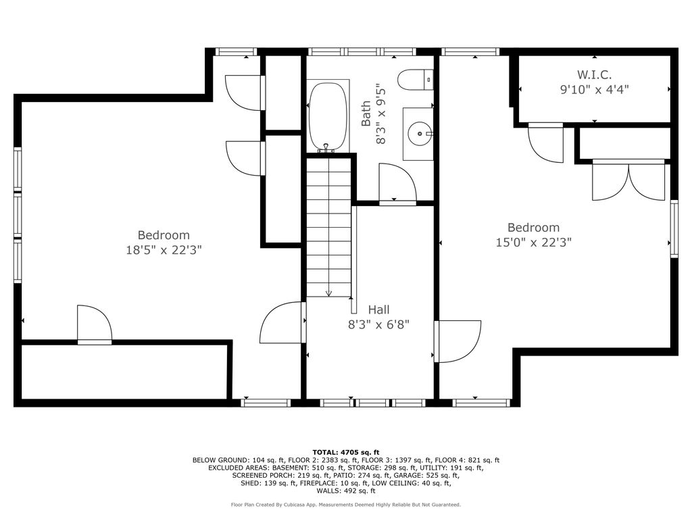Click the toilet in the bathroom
(x=416, y=80)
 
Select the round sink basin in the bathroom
(x=418, y=132)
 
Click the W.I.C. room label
(x=594, y=74)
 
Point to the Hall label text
(x=378, y=310)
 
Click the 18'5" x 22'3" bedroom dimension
(x=164, y=250)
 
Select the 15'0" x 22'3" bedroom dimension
(x=534, y=243)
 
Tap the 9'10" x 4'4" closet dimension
(x=594, y=90)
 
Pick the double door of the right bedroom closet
(x=628, y=182)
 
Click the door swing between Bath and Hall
(x=397, y=183)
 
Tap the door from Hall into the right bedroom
(x=458, y=341)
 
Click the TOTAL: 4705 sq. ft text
(x=346, y=452)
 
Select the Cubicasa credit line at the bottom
(x=346, y=504)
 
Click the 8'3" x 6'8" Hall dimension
(x=378, y=325)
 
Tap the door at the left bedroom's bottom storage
(x=95, y=324)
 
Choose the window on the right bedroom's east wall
(x=674, y=228)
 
